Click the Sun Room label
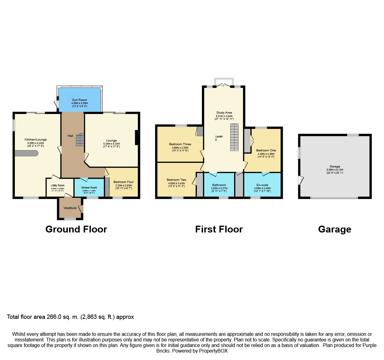tap(80, 100)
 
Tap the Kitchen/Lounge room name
tap(36, 140)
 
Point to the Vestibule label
tap(70, 208)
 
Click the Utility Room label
tap(58, 186)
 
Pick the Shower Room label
tap(89, 188)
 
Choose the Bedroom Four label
tap(124, 182)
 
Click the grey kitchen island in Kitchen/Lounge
tap(26, 153)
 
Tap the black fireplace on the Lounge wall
tap(136, 138)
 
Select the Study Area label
tap(224, 113)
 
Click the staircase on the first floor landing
tap(234, 137)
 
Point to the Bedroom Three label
tap(180, 144)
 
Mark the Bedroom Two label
tap(177, 180)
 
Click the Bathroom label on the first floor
tap(219, 185)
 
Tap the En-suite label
tap(262, 185)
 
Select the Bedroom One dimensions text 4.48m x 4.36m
tap(266, 154)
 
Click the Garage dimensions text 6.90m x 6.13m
tap(335, 170)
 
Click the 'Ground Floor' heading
tap(76, 229)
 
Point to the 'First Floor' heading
tap(219, 229)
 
